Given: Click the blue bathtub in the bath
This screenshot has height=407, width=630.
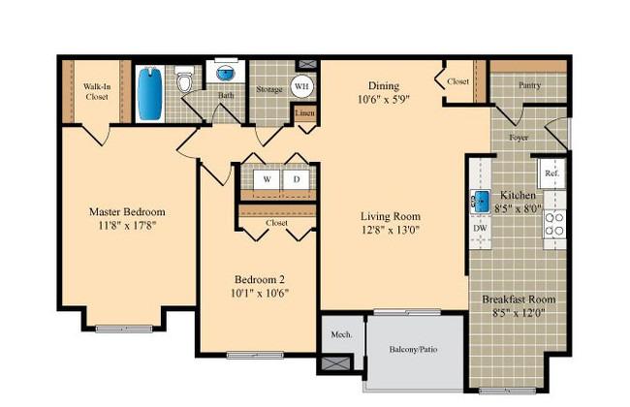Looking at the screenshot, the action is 150,94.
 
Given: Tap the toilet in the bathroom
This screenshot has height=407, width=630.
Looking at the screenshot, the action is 185,79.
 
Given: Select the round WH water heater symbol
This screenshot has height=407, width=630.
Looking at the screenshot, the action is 301,86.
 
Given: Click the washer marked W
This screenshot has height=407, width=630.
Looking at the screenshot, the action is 267,179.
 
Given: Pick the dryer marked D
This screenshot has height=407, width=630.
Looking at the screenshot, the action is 297,179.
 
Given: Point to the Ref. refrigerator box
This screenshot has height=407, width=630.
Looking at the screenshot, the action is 552,173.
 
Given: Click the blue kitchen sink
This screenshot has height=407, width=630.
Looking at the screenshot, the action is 481,201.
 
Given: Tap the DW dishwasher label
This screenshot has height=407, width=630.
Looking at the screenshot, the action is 480,228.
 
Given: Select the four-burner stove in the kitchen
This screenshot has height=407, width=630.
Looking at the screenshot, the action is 554,224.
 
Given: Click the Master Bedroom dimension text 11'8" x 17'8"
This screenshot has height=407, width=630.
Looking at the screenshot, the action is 127,226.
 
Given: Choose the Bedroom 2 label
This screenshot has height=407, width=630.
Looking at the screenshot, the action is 260,279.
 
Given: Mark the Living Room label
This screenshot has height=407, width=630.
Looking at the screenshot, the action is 391,216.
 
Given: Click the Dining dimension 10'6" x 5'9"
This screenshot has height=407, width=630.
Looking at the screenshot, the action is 384,99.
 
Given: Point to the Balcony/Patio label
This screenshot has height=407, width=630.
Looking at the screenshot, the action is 413,349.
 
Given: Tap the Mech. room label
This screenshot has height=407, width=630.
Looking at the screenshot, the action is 341,334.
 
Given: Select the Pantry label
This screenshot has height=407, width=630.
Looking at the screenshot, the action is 529,85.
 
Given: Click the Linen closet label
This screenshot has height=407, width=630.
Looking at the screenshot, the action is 305,113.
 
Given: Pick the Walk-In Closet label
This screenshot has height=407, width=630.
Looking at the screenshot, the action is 97,92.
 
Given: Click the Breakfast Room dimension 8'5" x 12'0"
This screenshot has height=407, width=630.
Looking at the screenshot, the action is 519,312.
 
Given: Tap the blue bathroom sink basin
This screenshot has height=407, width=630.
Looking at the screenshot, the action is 226,74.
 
